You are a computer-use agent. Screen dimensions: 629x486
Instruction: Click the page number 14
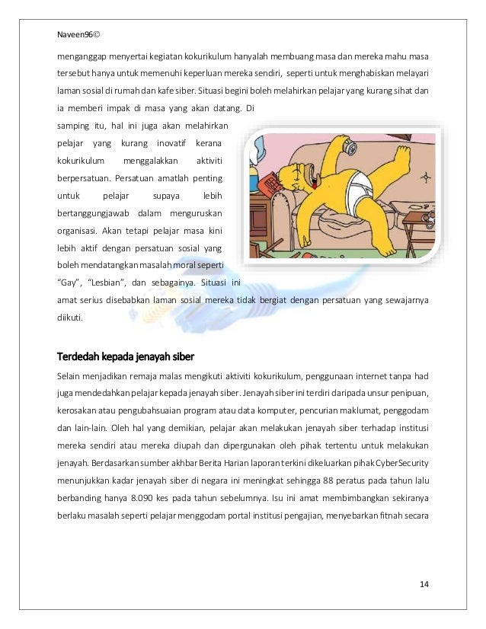[x=424, y=583]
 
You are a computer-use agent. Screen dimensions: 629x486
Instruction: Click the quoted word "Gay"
[x=71, y=284]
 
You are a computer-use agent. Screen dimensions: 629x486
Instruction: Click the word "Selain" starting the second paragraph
[x=69, y=375]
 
